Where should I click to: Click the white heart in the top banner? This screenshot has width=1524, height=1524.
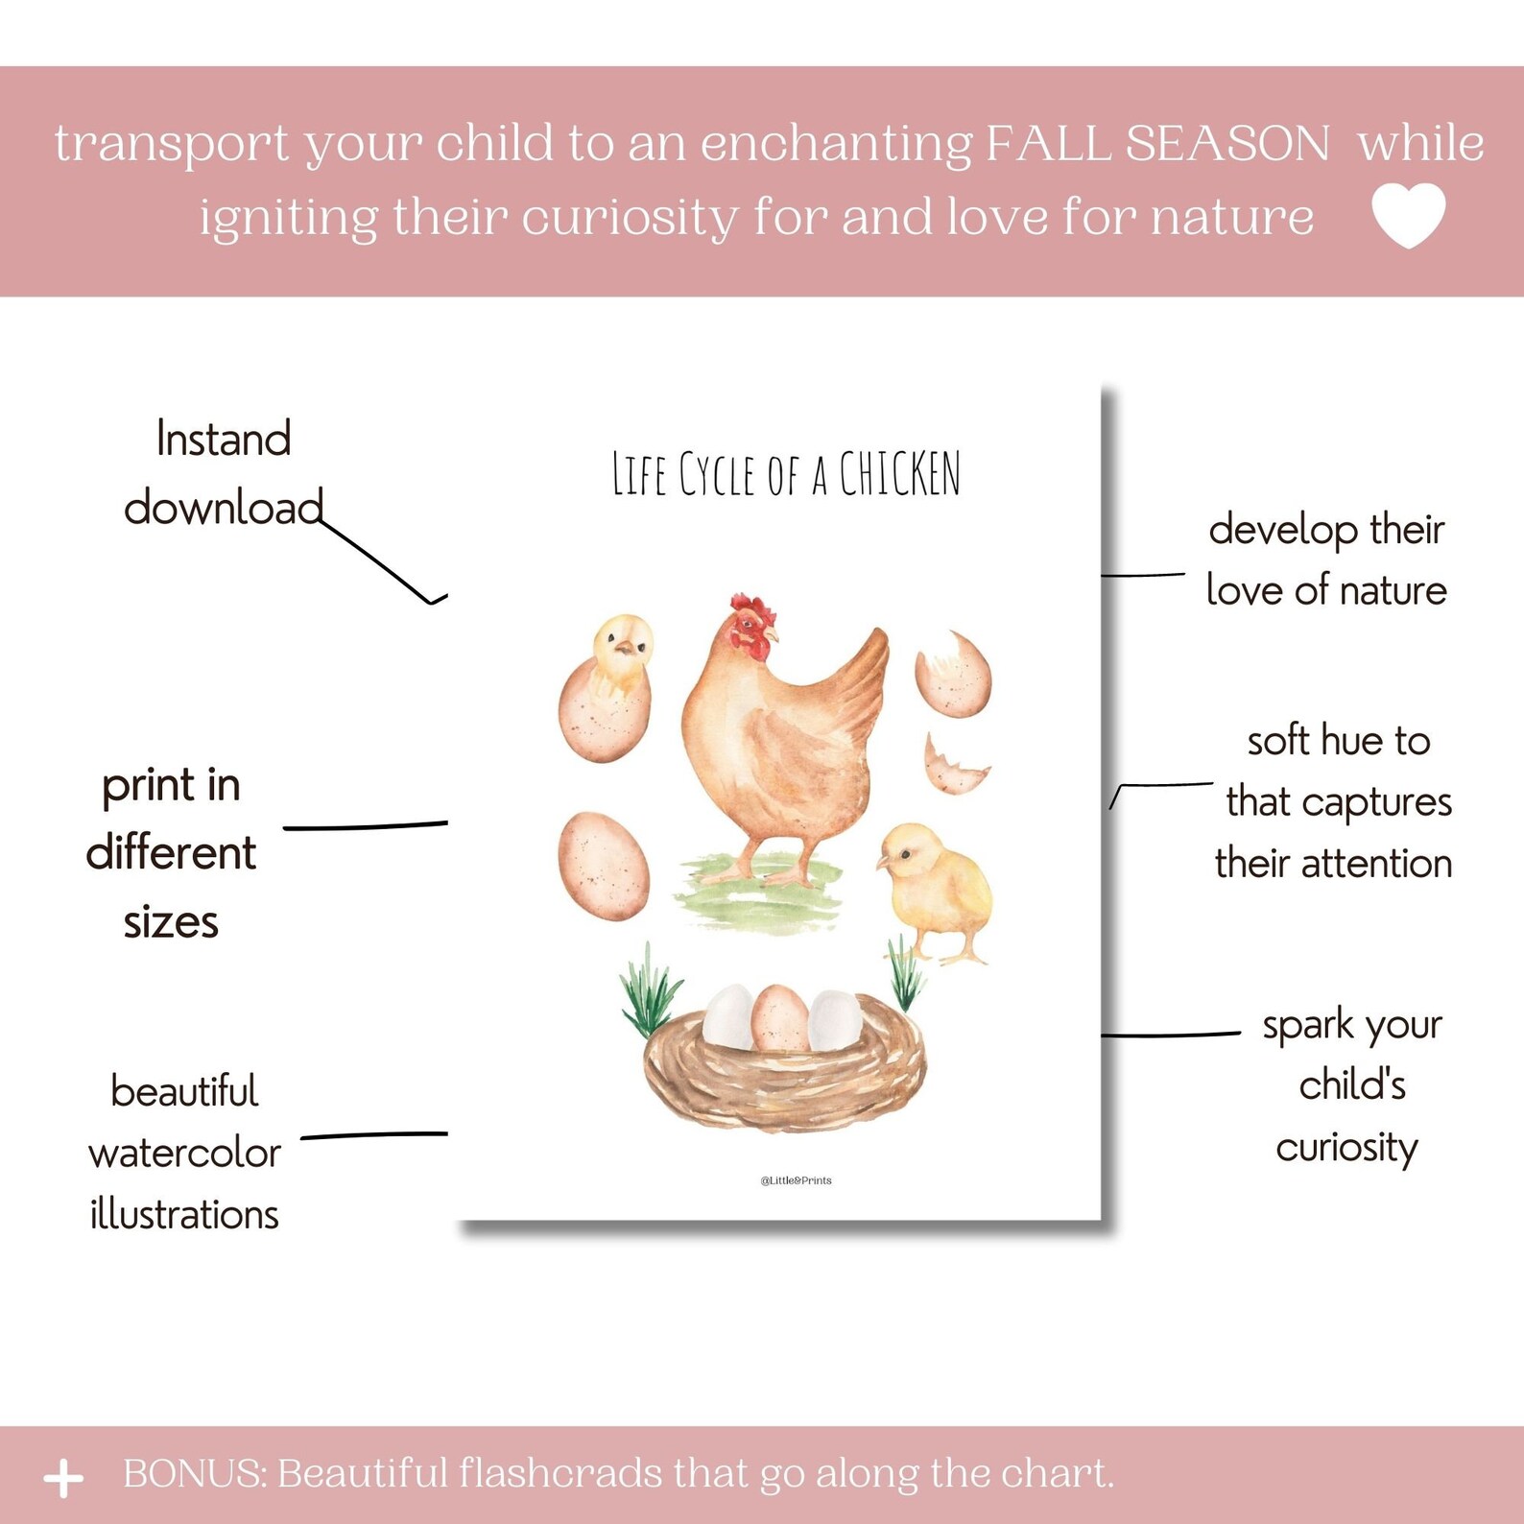click(1408, 215)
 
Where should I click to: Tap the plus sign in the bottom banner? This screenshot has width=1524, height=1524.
click(63, 1478)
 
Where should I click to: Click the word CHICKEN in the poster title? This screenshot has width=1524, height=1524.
click(899, 474)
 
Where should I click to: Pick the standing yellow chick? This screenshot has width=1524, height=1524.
click(935, 893)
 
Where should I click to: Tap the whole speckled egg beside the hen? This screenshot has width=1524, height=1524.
click(603, 866)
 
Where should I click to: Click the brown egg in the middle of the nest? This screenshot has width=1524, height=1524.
click(779, 1019)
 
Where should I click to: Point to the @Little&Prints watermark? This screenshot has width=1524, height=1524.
click(796, 1180)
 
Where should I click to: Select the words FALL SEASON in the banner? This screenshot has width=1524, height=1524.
click(1157, 144)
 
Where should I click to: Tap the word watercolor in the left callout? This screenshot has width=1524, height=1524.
click(184, 1153)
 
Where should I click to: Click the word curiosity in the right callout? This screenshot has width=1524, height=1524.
click(1346, 1148)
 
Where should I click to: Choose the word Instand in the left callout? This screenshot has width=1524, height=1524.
click(224, 440)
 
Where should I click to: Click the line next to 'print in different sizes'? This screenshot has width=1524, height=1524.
click(365, 825)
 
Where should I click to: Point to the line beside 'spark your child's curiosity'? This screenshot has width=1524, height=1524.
click(1171, 1035)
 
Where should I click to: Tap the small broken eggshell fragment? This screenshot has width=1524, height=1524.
click(952, 766)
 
